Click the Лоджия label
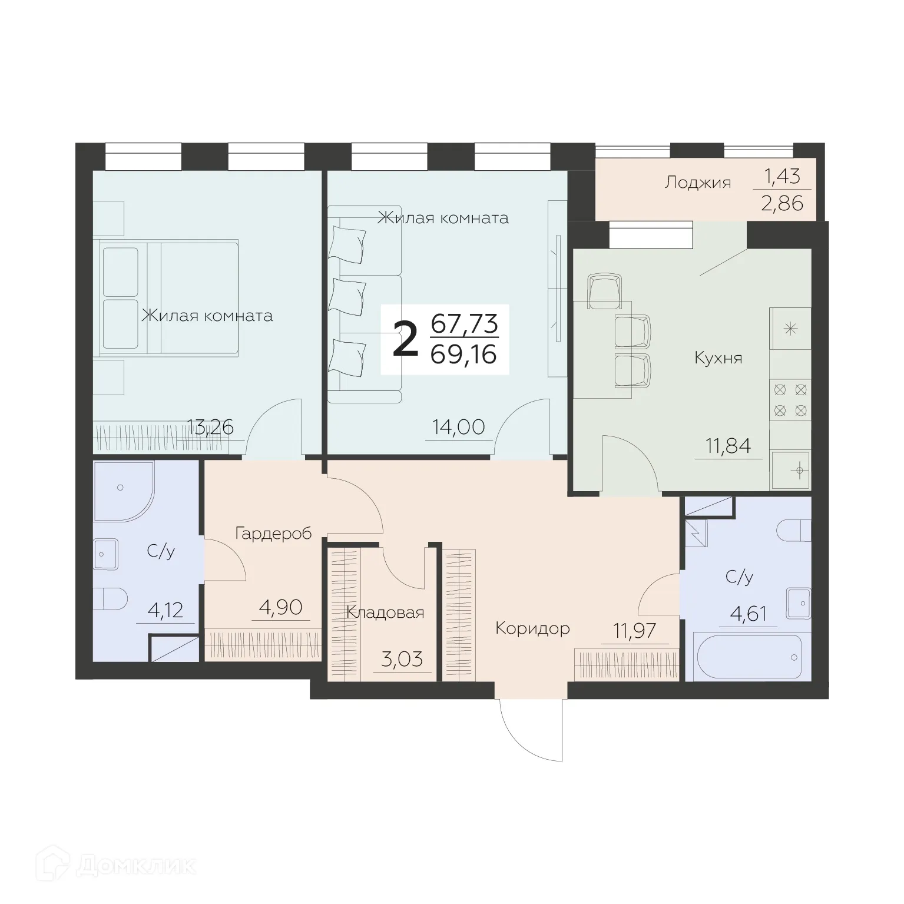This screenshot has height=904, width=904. tap(697, 183)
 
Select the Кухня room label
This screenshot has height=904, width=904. tap(718, 357)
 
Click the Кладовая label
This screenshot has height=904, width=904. tap(385, 612)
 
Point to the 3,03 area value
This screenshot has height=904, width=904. tap(402, 659)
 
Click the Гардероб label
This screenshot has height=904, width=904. tap(273, 534)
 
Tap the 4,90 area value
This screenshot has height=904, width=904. tap(281, 607)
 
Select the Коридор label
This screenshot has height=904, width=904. tap(532, 628)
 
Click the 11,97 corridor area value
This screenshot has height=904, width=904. tap(634, 631)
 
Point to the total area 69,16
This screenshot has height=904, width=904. tap(464, 355)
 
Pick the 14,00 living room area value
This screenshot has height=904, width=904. tap(459, 426)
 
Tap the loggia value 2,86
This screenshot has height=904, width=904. tap(782, 204)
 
